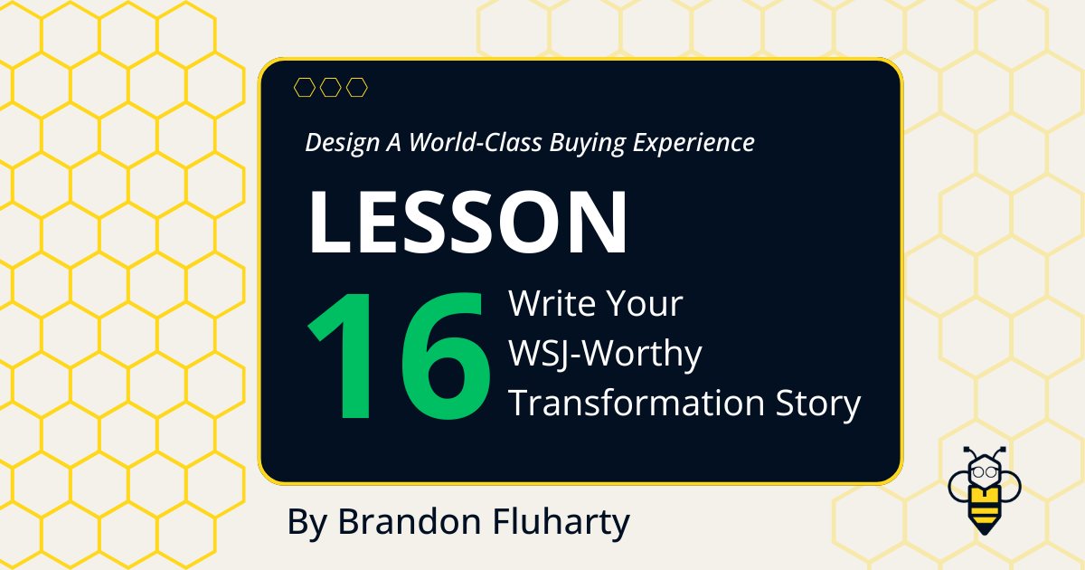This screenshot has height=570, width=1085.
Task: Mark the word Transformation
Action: pos(636,404)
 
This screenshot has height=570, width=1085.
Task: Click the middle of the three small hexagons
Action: pos(331,87)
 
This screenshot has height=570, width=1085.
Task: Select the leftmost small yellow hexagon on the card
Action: pos(305,87)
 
